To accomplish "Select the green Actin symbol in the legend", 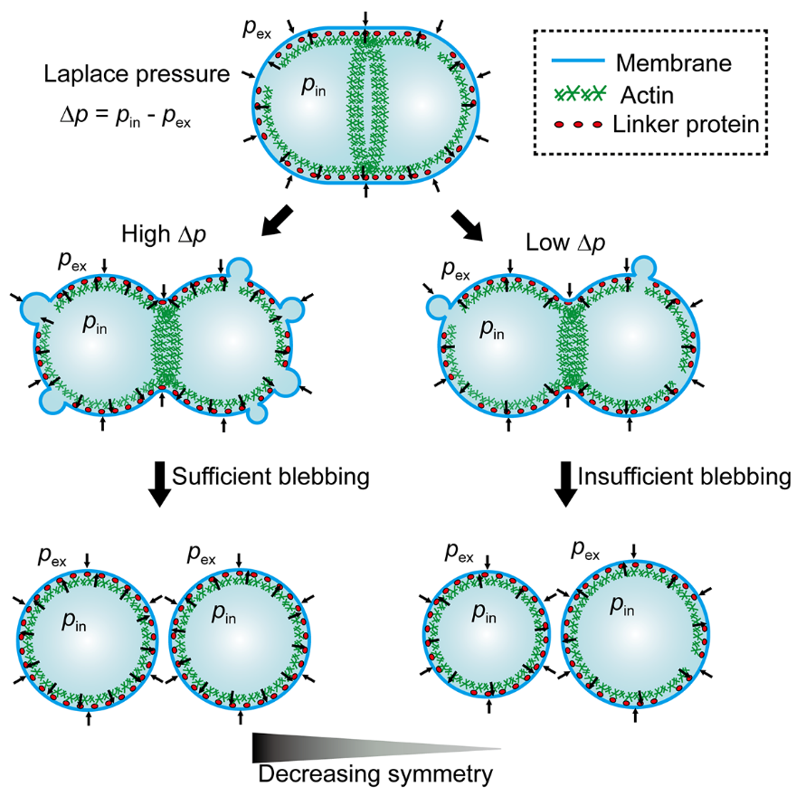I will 577,92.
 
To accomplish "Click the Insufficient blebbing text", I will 684,477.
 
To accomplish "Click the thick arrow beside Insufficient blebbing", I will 564,483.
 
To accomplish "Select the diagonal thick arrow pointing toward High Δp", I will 278,220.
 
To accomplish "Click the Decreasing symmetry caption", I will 374,773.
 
